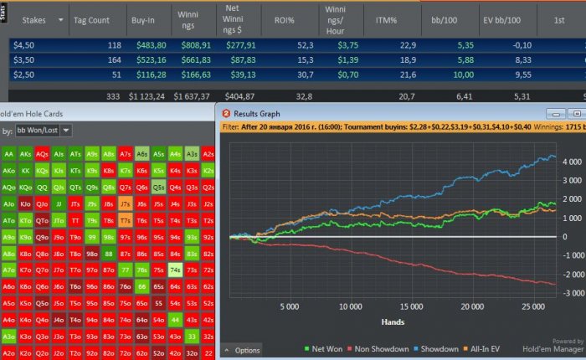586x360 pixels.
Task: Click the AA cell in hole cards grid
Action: click(x=8, y=154)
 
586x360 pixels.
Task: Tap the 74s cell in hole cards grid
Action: click(x=176, y=270)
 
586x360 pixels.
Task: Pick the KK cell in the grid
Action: click(x=25, y=170)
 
